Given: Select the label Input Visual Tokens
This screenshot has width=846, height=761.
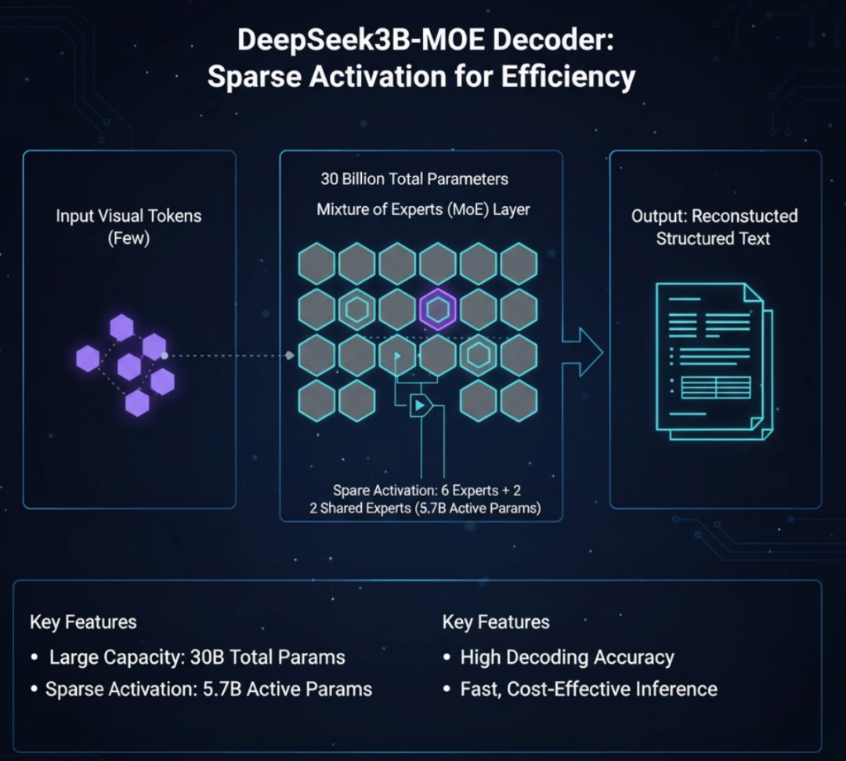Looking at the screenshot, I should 128,216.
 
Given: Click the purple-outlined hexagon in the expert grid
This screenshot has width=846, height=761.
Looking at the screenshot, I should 437,310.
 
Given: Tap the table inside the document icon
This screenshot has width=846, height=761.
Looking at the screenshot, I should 716,387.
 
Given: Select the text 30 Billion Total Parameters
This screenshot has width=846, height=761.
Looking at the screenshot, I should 414,179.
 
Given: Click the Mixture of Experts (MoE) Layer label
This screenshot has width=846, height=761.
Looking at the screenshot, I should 423,210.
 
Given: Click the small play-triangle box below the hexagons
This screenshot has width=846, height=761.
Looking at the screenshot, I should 421,404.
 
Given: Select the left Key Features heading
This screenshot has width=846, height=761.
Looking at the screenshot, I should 83,622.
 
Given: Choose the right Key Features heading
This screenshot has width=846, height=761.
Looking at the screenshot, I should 496,622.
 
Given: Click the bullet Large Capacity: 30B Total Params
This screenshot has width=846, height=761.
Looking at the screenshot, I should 197,658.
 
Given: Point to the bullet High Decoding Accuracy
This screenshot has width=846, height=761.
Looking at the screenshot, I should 566,658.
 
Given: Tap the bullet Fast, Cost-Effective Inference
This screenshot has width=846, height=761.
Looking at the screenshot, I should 587,690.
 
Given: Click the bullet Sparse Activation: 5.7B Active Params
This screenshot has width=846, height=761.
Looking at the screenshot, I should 208,690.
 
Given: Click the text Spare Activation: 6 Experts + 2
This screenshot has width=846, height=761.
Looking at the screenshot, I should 427,491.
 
